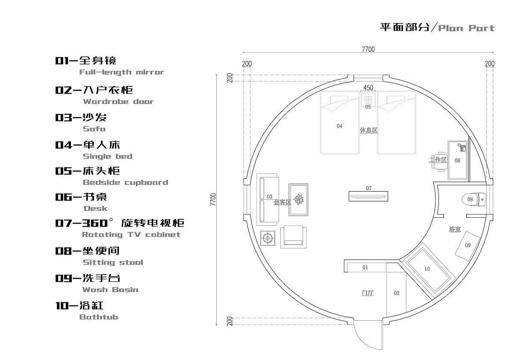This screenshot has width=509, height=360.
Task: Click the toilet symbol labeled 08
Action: (x=473, y=199)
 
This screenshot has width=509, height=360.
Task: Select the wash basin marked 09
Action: (x=467, y=245)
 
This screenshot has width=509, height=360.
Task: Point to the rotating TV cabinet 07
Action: (x=368, y=196)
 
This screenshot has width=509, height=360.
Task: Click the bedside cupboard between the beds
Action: (x=368, y=101)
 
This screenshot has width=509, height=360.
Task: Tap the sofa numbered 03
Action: (x=268, y=199)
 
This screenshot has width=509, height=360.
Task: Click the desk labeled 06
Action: (x=457, y=160)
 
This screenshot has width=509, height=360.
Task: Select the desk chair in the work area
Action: (x=440, y=160)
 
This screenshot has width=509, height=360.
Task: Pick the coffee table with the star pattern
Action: (x=299, y=200)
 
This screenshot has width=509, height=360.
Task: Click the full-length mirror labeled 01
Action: (x=365, y=268)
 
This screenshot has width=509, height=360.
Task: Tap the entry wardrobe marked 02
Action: (x=396, y=293)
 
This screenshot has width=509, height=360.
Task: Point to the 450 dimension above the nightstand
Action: (x=368, y=88)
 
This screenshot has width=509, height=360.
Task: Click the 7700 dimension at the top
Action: (x=368, y=49)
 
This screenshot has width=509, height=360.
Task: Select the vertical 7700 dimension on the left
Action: (x=214, y=200)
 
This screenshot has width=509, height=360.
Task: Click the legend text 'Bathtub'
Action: (x=99, y=317)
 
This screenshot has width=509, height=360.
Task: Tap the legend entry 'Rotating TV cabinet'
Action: (x=131, y=234)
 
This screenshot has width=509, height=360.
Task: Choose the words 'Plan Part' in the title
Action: (x=466, y=28)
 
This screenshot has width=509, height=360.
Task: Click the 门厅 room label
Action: (x=368, y=293)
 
